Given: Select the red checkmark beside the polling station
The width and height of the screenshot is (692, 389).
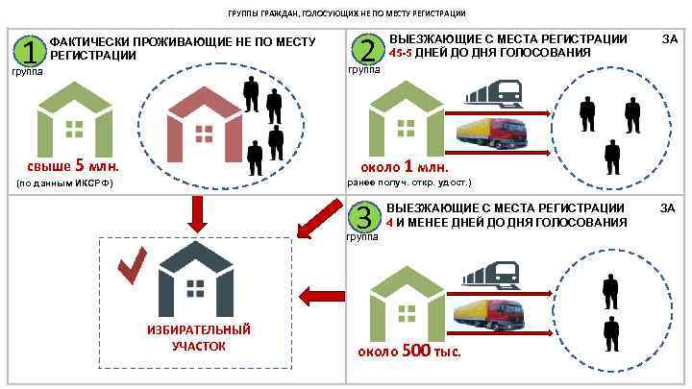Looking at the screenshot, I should point(131,266).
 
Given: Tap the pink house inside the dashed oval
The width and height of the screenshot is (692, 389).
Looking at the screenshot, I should point(204,124).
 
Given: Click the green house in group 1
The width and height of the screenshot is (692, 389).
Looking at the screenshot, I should point(74,119).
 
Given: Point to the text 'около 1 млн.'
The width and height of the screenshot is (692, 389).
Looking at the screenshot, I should point(405,164).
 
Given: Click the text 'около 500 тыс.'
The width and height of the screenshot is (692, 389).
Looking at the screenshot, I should point(409,351).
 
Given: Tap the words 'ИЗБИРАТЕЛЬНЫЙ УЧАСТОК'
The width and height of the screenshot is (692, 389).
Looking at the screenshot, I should point(198,338).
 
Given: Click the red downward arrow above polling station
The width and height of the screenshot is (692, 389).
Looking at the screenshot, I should point(197,213).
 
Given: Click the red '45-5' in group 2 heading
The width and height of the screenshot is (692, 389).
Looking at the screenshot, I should point(403,53).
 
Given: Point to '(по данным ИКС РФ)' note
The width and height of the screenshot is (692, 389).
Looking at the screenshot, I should point(65,182).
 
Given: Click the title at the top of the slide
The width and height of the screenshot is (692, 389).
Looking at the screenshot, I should point(346,13).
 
